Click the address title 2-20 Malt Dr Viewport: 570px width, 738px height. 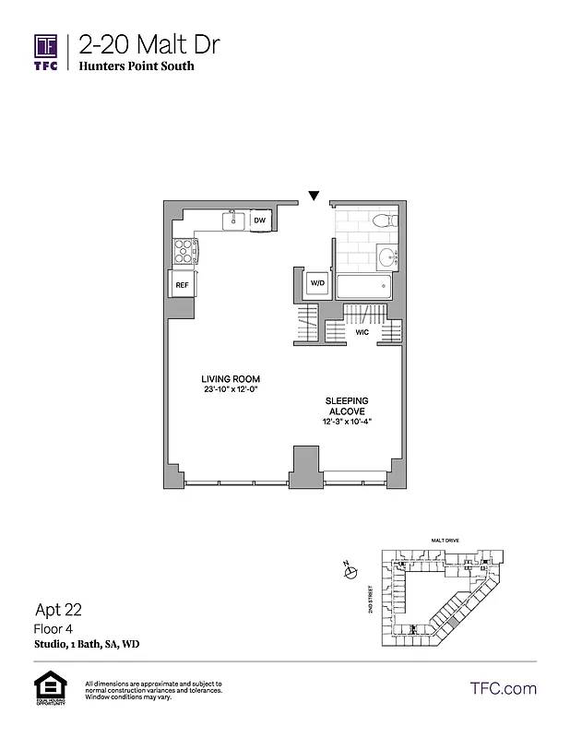tap(148, 44)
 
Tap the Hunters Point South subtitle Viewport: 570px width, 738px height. tap(136, 66)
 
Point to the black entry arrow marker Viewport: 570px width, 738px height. tap(314, 196)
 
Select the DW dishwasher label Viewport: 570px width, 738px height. tap(260, 220)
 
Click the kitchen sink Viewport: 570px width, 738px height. tap(234, 220)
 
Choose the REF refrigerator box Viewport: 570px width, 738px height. tap(182, 285)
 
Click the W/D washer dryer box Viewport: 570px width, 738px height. tap(317, 282)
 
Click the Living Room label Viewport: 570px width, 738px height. tap(232, 379)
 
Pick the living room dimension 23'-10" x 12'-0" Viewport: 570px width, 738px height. tap(232, 390)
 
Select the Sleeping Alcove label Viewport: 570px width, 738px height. tap(346, 406)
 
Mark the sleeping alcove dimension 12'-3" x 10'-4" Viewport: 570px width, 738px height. tap(346, 422)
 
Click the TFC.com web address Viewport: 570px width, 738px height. tap(504, 688)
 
